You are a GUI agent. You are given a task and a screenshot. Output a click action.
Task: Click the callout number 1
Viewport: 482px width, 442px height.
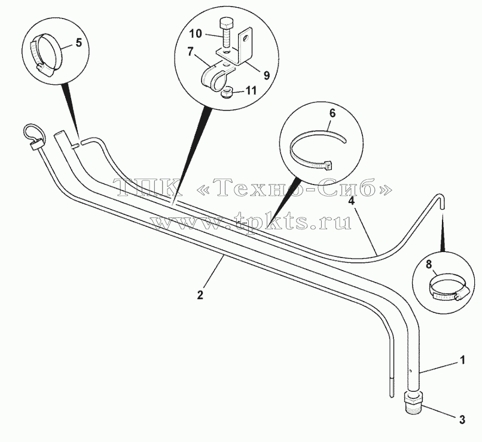pyautogui.click(x=462, y=360)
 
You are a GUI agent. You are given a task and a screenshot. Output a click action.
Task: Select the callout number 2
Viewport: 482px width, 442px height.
pyautogui.click(x=200, y=295)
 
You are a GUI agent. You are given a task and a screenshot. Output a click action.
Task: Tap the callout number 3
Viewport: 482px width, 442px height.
pyautogui.click(x=462, y=419)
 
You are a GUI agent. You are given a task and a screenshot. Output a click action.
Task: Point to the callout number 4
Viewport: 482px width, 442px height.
pyautogui.click(x=352, y=202)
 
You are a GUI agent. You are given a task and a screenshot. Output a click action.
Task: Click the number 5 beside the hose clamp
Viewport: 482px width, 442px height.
pyautogui.click(x=79, y=43)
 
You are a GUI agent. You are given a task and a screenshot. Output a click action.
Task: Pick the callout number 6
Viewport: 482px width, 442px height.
pyautogui.click(x=332, y=113)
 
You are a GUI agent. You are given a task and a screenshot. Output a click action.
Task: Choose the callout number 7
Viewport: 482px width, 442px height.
pyautogui.click(x=191, y=51)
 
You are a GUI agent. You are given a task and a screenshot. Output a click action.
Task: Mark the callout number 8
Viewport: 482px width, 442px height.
pyautogui.click(x=429, y=265)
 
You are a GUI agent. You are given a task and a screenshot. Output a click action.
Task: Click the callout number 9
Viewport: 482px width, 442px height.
pyautogui.click(x=266, y=75)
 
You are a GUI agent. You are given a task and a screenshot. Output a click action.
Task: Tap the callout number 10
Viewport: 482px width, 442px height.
pyautogui.click(x=196, y=34)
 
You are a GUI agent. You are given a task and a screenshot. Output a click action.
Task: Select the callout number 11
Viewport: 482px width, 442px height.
pyautogui.click(x=251, y=91)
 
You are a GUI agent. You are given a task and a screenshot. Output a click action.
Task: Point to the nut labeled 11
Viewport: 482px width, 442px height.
pyautogui.click(x=226, y=92)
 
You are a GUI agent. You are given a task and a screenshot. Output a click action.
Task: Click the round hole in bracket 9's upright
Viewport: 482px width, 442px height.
pyautogui.click(x=245, y=39)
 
